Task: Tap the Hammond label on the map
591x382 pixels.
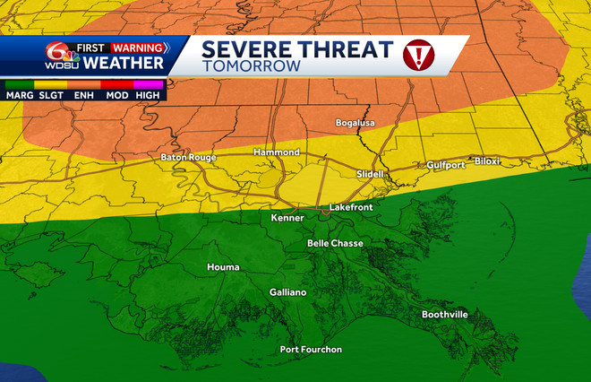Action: tap(276, 152)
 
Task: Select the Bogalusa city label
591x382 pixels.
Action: tap(355, 122)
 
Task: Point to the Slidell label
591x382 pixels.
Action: tap(370, 173)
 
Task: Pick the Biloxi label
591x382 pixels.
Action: tap(487, 161)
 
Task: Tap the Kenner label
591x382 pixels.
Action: tap(287, 218)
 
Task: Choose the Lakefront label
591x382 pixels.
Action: tap(350, 207)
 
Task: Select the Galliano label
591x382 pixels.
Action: tap(288, 292)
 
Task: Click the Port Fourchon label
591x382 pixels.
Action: tap(311, 350)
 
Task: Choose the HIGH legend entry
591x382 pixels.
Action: tap(148, 94)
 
